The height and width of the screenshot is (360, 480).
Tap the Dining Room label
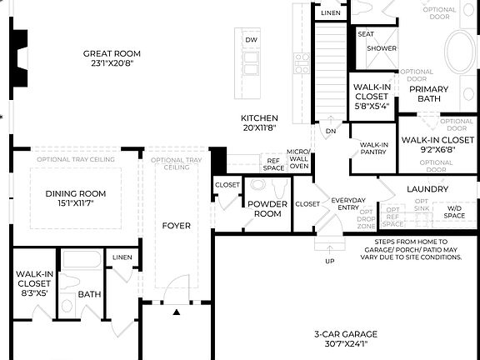(75, 194)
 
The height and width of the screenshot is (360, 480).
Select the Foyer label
(176, 226)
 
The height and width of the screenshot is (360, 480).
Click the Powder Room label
(267, 208)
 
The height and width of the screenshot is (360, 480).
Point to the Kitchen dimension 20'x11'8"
(259, 128)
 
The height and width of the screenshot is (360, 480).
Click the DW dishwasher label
(251, 40)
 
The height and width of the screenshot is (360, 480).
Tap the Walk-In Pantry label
(372, 148)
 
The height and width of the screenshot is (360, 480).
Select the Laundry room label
(427, 189)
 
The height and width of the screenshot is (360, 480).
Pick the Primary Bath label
(429, 93)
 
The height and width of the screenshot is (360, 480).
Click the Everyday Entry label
(348, 204)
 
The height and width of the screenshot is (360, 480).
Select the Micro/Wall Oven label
(298, 159)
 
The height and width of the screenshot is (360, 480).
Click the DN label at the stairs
(331, 131)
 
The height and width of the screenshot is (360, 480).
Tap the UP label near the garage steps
(330, 261)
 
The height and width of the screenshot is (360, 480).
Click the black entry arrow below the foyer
(177, 312)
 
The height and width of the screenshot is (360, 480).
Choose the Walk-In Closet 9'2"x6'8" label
(437, 144)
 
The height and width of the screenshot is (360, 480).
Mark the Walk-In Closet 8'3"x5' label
(32, 282)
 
